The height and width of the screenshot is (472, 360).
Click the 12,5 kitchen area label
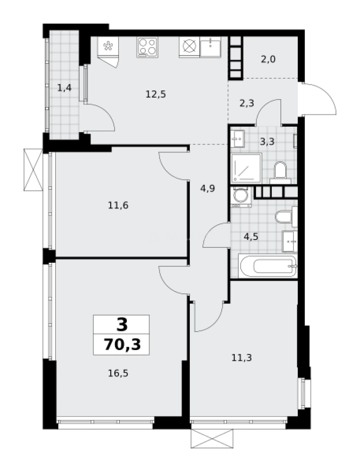pos(156,94)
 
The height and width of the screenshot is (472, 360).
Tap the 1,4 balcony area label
pos(64,87)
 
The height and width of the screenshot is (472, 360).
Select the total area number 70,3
pos(121,344)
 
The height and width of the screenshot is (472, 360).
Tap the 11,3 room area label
pos(241,357)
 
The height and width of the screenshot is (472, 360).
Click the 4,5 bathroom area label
pos(251,237)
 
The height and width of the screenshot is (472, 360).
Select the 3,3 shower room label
pos(267,142)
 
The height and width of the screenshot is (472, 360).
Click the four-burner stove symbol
pos(147,47)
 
